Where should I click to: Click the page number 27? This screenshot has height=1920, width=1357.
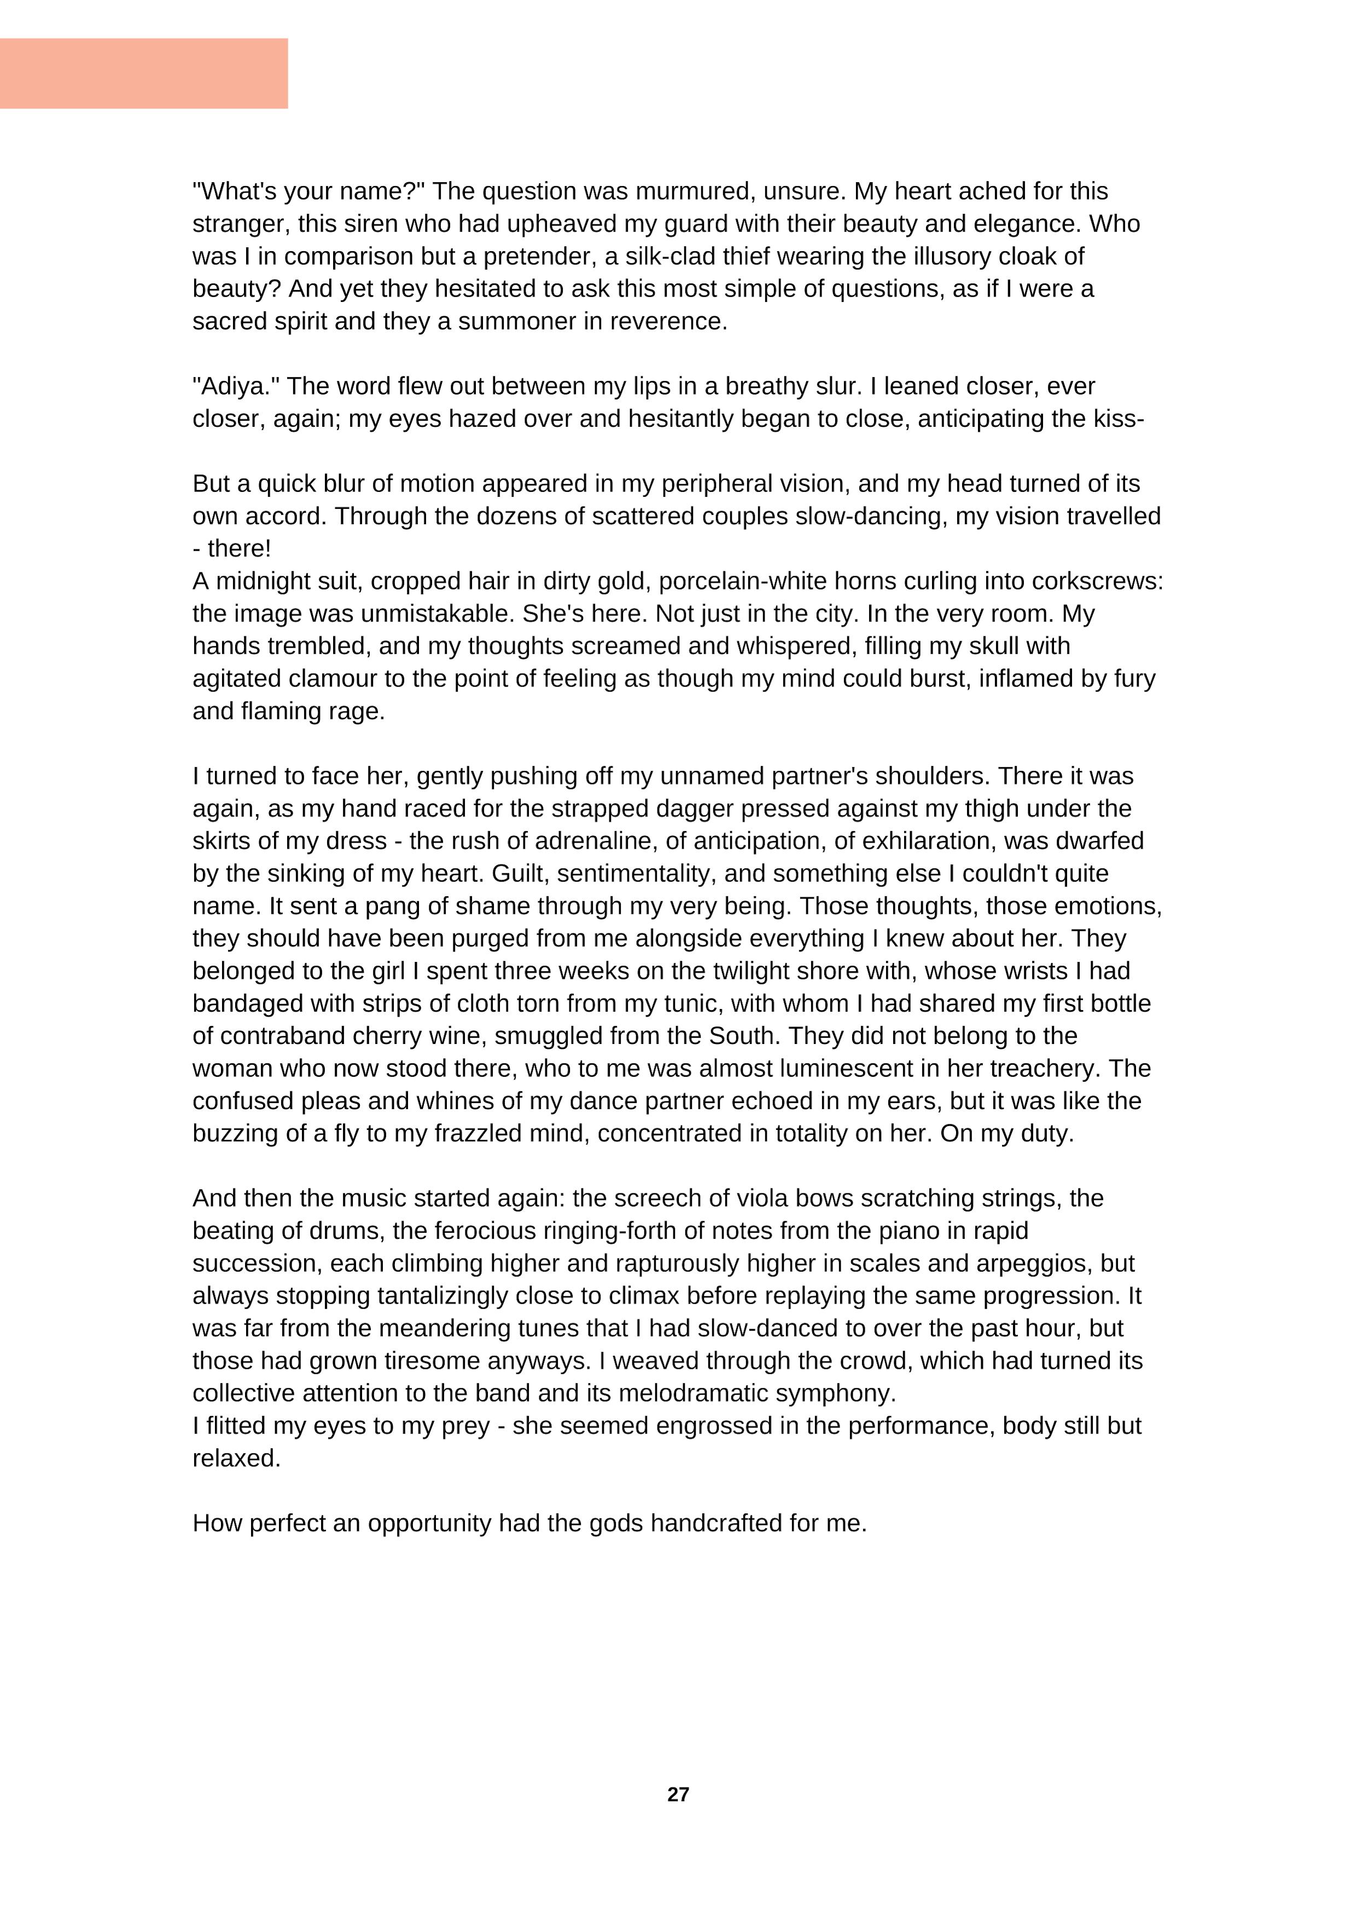tap(678, 1794)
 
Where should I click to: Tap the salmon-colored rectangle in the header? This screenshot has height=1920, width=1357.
tap(144, 73)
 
